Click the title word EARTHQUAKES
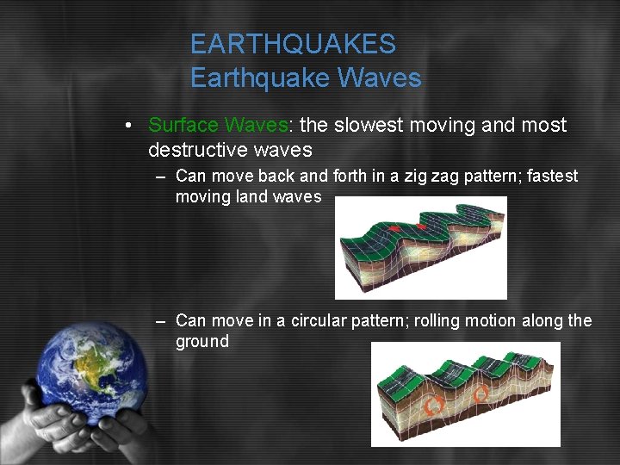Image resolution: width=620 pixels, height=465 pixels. [293, 44]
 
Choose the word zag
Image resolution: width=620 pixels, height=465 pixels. [457, 177]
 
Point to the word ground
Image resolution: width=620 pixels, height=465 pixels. [202, 342]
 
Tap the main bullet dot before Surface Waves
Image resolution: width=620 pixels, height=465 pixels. [127, 126]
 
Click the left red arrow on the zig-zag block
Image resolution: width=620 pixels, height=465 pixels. [393, 229]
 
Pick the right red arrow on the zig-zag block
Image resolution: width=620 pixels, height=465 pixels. [422, 226]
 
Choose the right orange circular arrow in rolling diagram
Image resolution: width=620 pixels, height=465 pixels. [480, 395]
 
